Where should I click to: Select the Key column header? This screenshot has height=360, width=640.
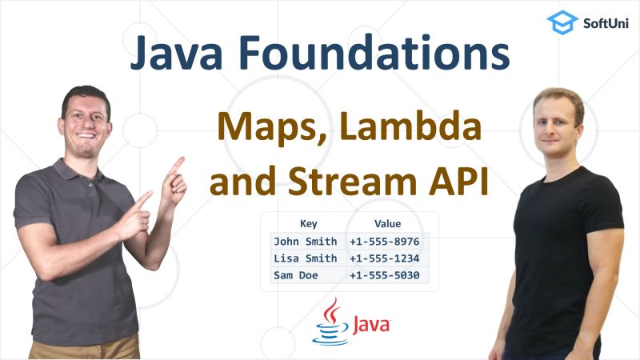click(x=308, y=224)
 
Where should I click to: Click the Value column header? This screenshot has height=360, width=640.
click(x=387, y=224)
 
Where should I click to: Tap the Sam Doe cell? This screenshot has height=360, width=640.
click(x=295, y=276)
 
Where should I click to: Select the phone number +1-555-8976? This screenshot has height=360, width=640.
click(x=385, y=241)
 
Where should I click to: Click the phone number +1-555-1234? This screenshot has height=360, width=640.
click(x=385, y=258)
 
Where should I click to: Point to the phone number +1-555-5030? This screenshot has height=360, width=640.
click(x=385, y=276)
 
